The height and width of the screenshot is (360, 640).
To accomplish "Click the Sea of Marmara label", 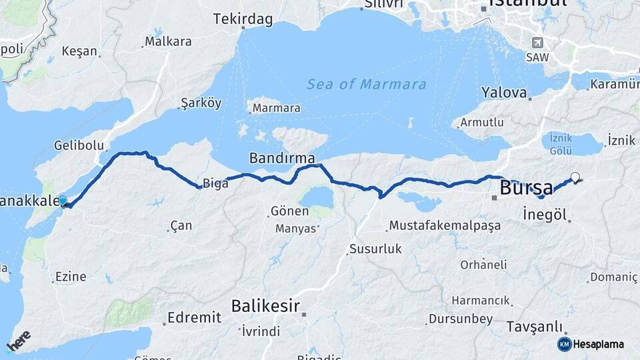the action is (x=366, y=85).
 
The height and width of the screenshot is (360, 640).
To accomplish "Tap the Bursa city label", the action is (x=526, y=187).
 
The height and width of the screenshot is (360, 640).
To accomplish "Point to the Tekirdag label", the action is (x=243, y=20).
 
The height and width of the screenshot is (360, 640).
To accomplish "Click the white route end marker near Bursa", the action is (x=575, y=177).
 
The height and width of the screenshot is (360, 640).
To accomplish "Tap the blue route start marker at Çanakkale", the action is (x=63, y=201).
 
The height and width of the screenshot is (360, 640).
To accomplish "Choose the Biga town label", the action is (x=216, y=183).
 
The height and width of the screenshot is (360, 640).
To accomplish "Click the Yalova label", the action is (x=505, y=93).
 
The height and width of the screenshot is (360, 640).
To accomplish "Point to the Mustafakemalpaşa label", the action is (x=445, y=225).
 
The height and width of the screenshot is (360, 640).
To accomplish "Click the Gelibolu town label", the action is (x=79, y=145).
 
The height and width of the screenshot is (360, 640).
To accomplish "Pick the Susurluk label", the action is (x=375, y=249).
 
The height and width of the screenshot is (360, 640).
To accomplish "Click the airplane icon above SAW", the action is (x=536, y=43).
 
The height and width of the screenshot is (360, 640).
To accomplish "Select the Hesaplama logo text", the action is (x=598, y=345).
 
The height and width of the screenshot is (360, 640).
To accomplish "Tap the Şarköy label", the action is (x=200, y=103).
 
